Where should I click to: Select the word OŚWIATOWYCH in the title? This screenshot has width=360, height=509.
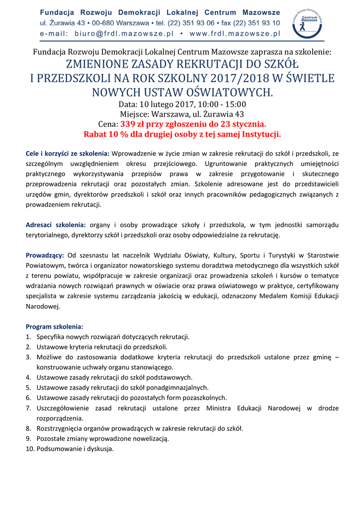pyautogui.click(x=219, y=92)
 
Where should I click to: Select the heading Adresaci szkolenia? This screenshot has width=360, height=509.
pyautogui.click(x=56, y=225)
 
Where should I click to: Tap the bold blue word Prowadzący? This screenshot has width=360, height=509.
pyautogui.click(x=45, y=255)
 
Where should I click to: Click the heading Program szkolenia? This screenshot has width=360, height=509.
pyautogui.click(x=54, y=327)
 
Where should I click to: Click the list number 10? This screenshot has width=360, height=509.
pyautogui.click(x=29, y=449)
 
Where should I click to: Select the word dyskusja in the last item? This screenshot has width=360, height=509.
pyautogui.click(x=100, y=449)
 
